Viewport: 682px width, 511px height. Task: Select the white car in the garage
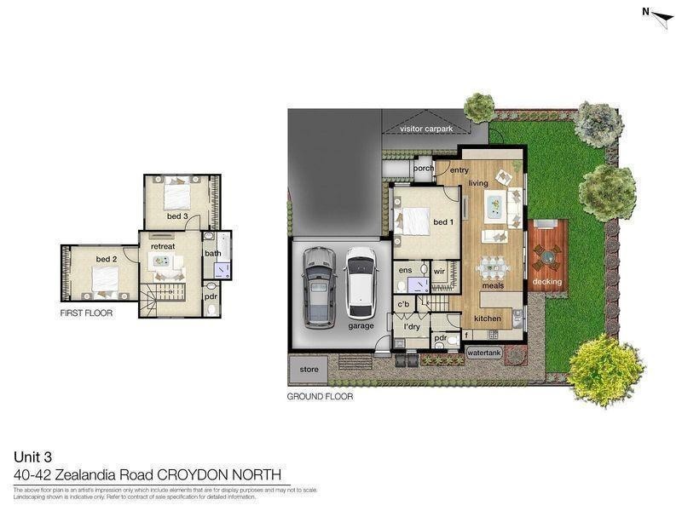pos(360,282)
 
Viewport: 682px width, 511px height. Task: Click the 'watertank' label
pos(483,352)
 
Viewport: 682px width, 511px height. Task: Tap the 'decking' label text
pos(547,281)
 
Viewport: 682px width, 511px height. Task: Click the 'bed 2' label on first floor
pos(106,259)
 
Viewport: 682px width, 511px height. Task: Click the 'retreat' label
pos(162,246)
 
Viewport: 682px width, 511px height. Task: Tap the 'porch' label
pos(423,169)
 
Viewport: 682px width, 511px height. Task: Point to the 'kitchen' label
pos(487,319)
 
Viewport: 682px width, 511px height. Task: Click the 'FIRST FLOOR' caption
pos(86,313)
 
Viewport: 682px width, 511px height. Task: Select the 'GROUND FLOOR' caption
pos(320,396)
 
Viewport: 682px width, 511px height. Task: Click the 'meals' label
pos(493,285)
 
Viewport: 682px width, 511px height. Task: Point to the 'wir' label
pos(440,271)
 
